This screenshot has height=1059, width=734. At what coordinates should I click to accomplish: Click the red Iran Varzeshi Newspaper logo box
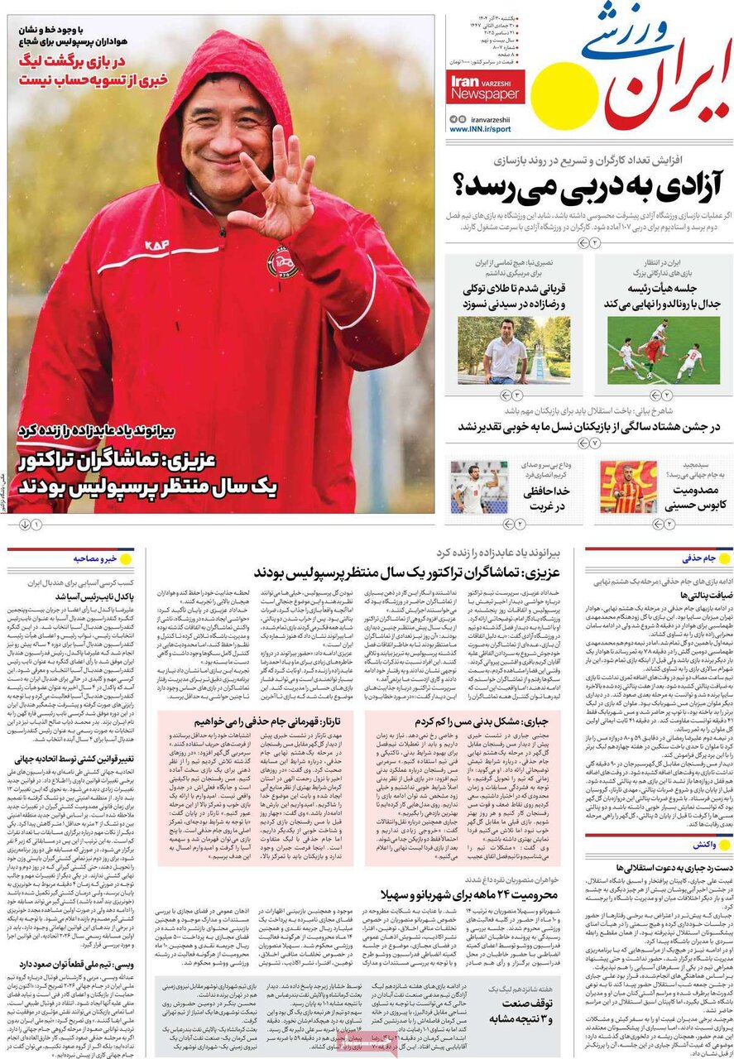(x=486, y=86)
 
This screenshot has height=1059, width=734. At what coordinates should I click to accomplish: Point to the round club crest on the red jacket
(x=282, y=263)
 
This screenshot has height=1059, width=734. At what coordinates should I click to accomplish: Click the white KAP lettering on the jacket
(x=156, y=245)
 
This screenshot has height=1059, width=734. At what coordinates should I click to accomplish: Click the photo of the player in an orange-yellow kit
(x=629, y=487)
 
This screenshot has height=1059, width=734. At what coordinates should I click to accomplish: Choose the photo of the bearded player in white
(x=479, y=487)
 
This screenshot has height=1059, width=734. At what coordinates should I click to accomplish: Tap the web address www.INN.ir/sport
(x=480, y=130)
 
